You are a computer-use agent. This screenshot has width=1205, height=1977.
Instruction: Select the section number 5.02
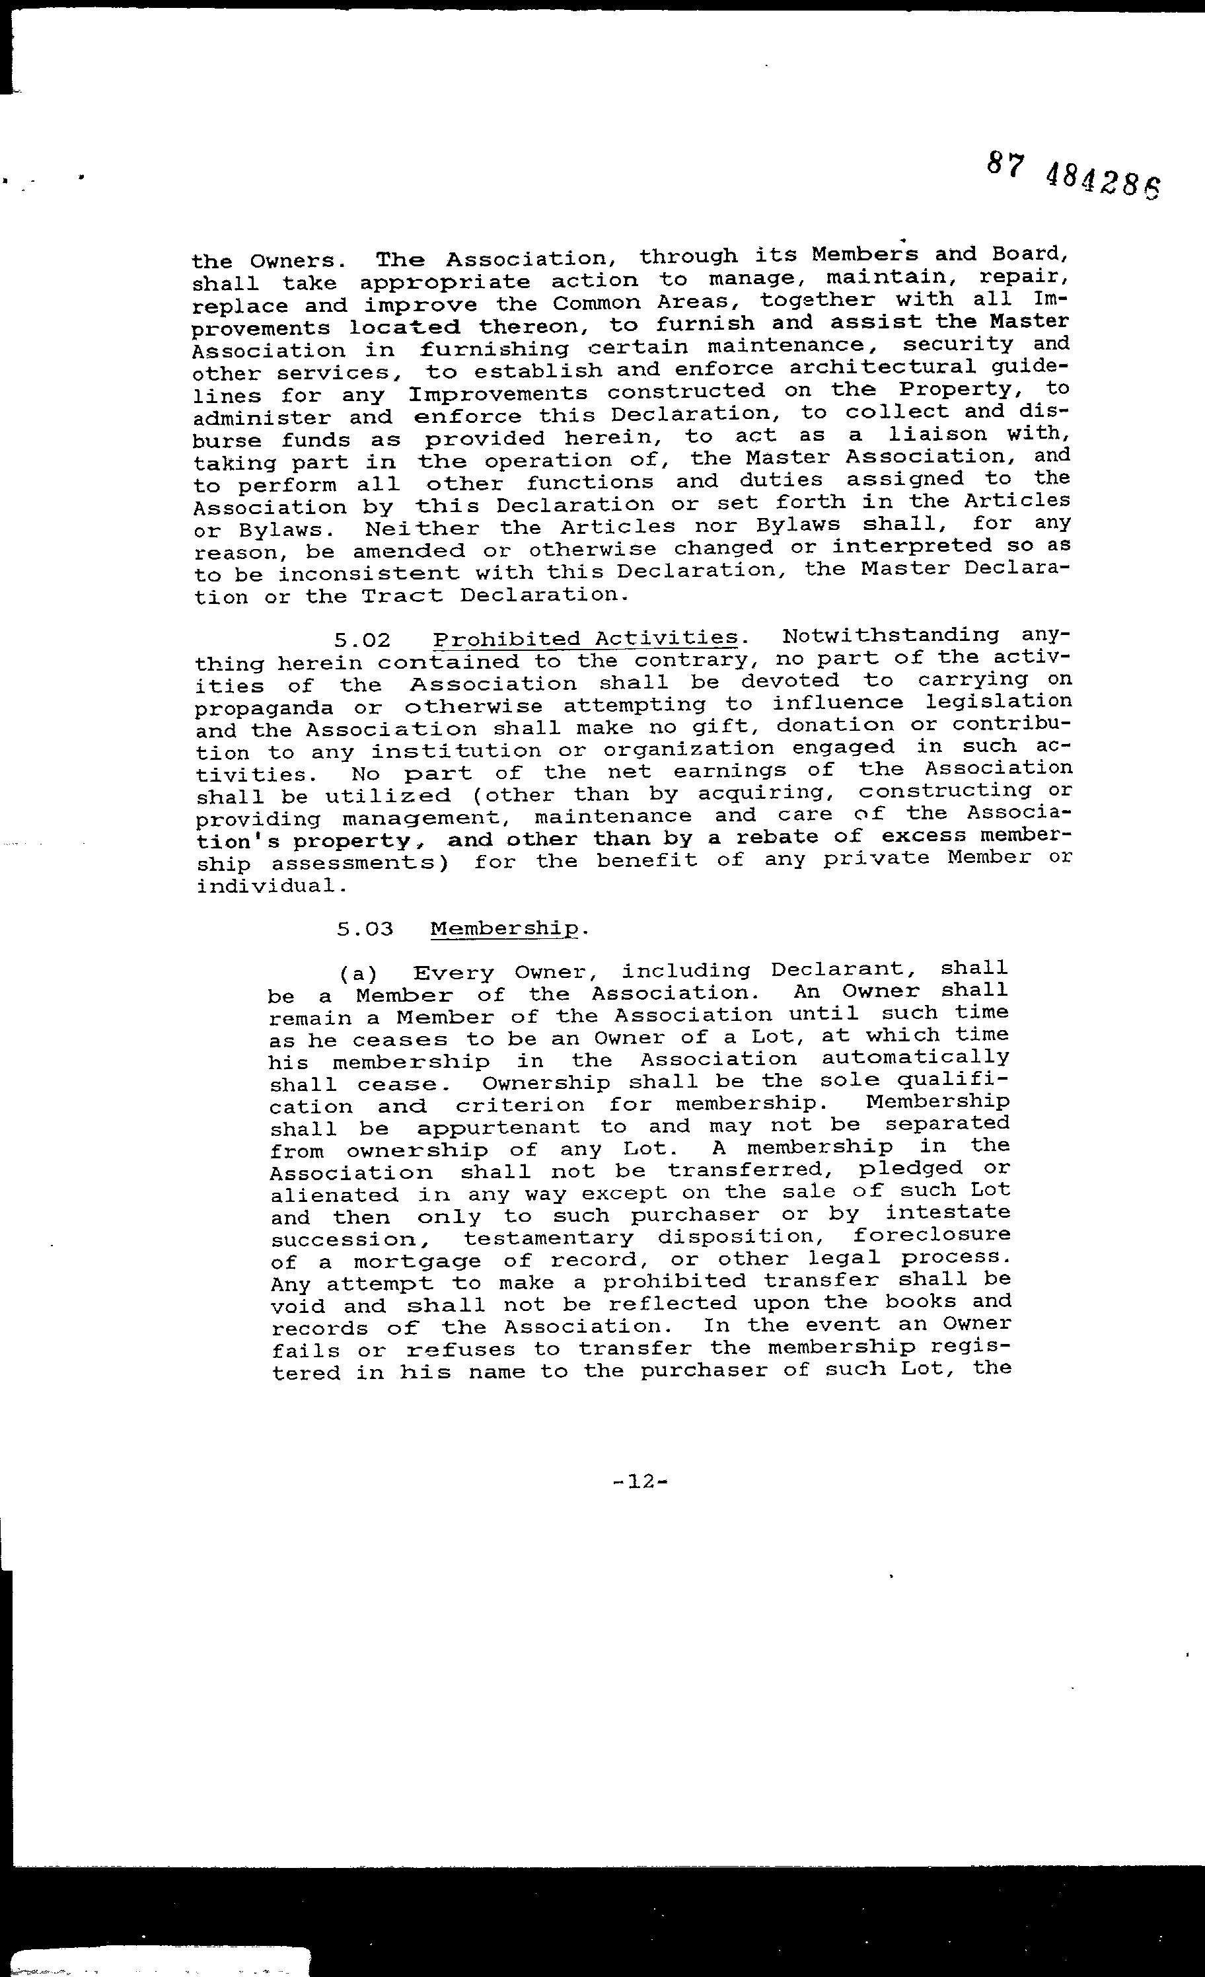tap(363, 640)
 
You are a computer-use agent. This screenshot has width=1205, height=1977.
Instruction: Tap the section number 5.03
tap(365, 929)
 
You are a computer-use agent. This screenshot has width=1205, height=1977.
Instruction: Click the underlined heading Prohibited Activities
tap(585, 639)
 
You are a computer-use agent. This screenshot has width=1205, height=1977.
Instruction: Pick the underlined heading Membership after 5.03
tap(505, 928)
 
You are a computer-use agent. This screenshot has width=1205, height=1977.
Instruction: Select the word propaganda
tap(265, 709)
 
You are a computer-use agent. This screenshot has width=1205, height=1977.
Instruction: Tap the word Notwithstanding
tap(891, 636)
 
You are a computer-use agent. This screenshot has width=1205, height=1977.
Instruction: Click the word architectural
tap(882, 367)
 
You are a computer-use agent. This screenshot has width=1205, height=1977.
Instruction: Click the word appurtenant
tap(498, 1127)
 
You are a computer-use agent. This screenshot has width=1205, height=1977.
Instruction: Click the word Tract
tap(401, 595)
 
